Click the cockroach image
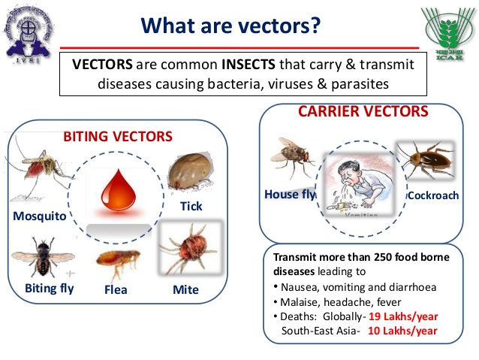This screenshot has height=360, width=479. pos(425,162)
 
